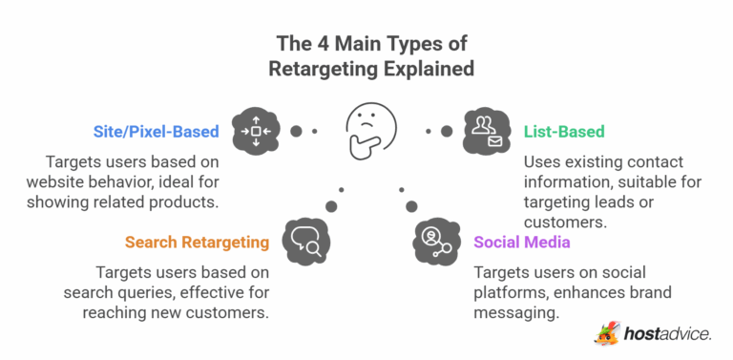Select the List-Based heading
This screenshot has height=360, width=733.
[564, 131]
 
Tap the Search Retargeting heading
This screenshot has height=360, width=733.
[197, 243]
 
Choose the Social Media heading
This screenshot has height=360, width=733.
[522, 243]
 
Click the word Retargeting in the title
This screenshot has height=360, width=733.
[324, 69]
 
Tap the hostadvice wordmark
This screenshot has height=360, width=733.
[667, 333]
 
